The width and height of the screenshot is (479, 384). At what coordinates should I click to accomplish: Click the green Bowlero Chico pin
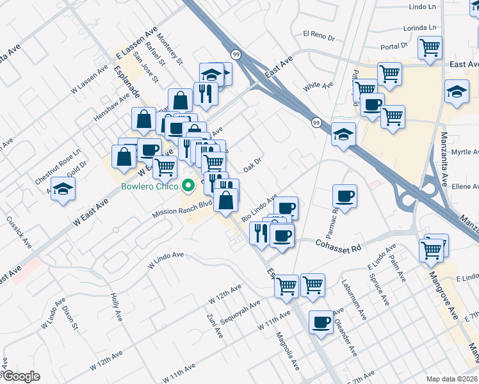tap(188, 187)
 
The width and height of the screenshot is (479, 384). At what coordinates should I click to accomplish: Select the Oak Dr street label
tap(254, 165)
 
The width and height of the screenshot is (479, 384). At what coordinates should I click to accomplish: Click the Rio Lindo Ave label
tap(259, 209)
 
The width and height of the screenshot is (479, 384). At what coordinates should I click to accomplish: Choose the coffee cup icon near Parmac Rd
tap(345, 196)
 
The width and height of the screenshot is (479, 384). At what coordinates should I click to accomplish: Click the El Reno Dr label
tap(319, 35)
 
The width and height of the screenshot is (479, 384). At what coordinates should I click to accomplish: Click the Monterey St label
tap(170, 51)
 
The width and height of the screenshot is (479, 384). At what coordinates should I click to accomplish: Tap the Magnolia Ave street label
tap(288, 351)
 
